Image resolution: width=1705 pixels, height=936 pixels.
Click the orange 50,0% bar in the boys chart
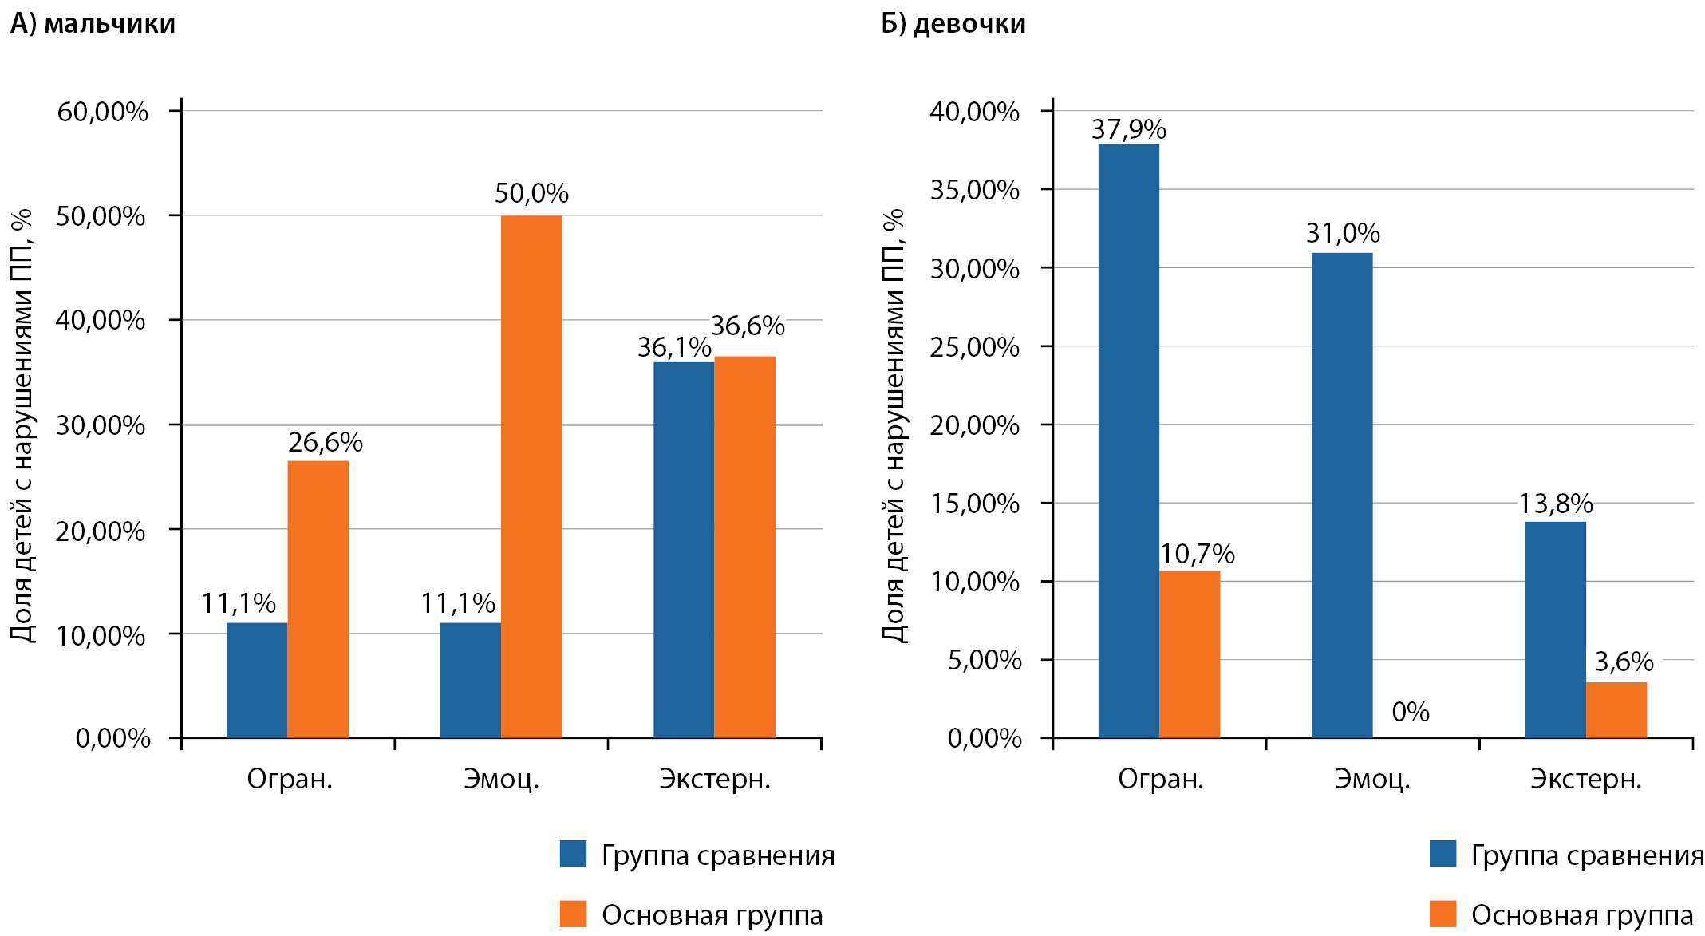coord(531,476)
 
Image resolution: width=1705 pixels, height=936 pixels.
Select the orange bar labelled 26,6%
coord(318,599)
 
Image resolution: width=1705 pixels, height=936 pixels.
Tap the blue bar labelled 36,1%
coord(684,550)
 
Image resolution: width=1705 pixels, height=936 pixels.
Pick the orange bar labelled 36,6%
coord(744,547)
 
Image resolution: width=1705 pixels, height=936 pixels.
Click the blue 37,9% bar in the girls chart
coord(1128,440)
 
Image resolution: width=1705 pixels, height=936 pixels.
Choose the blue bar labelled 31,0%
coord(1342,495)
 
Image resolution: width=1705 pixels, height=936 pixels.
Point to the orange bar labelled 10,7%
coord(1189,654)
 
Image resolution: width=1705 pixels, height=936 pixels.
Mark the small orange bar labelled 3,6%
coord(1616,709)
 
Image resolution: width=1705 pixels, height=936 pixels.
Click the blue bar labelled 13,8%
coord(1555,630)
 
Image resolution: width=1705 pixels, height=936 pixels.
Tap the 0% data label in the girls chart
coord(1410,712)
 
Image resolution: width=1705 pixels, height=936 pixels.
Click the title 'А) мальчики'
coord(93,24)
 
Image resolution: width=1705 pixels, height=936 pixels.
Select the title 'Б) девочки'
coord(953,24)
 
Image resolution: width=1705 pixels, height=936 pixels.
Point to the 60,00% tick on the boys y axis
coord(102,112)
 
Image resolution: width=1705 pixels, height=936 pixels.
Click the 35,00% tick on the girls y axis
coord(974,190)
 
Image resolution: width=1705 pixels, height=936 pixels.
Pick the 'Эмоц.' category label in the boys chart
coord(501,779)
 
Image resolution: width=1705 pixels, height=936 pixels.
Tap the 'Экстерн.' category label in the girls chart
coord(1585,779)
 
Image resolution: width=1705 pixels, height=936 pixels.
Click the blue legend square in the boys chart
coord(573,854)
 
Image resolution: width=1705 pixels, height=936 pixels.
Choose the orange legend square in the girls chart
coord(1443,914)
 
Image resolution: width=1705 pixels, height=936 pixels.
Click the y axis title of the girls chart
coord(894,425)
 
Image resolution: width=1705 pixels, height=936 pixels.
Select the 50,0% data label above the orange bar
coord(531,193)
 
